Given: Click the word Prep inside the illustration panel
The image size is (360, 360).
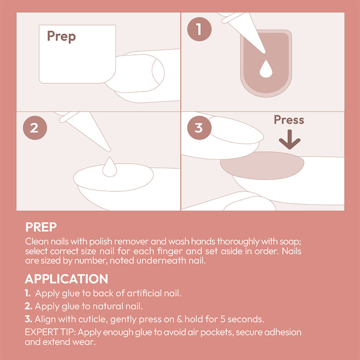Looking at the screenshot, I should point(61,36).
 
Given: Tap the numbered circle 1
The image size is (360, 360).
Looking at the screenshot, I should point(199,29).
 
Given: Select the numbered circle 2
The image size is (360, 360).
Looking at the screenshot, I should point(34,128).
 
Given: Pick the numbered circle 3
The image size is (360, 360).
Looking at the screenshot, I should point(199,128).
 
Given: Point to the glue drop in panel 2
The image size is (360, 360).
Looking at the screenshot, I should point(109,167).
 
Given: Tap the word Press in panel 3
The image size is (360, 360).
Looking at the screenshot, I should point(289,120).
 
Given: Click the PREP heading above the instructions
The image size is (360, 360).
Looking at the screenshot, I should point(41,227).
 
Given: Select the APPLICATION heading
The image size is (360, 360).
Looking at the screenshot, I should point(66,279).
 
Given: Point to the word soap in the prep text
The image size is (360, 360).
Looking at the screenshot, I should point(289,241).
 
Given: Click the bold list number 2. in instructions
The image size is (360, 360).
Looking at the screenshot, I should point(29,306).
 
